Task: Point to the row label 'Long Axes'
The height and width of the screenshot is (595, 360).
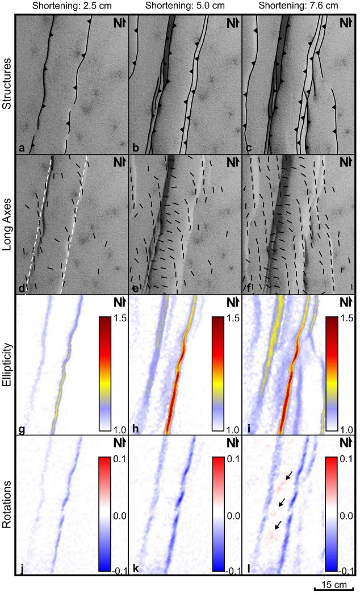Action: coord(7,224)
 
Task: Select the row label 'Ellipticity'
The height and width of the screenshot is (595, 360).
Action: coord(7,364)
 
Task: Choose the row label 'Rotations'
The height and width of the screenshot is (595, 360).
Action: coord(7,505)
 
